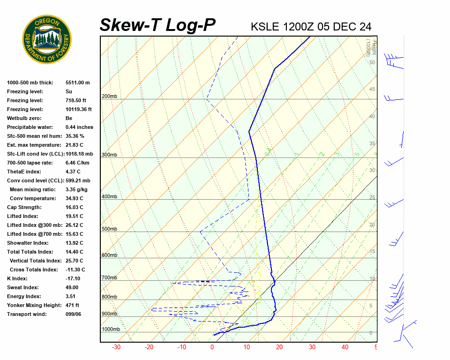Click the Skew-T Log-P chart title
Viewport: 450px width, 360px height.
[x=158, y=25]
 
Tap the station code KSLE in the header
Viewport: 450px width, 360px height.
[x=266, y=26]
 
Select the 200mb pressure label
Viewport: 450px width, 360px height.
[x=109, y=97]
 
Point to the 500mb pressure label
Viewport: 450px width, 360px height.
[x=109, y=229]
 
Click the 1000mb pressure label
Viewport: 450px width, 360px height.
[x=111, y=330]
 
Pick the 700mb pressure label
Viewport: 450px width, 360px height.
[x=109, y=278]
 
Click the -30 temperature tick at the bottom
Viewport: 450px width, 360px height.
[x=116, y=347]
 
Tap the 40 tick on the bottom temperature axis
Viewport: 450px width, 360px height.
[x=345, y=347]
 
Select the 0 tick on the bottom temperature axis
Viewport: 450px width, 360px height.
[x=212, y=347]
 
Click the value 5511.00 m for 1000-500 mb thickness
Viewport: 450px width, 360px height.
[x=77, y=82]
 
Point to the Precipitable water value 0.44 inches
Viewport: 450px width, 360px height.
[x=79, y=127]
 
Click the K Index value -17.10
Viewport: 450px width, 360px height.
[x=75, y=278]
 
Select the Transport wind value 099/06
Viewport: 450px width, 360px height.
[x=73, y=314]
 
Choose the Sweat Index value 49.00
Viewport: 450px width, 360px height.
[x=72, y=287]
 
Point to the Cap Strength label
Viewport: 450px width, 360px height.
[x=24, y=207]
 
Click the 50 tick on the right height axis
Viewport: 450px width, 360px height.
[x=372, y=63]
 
